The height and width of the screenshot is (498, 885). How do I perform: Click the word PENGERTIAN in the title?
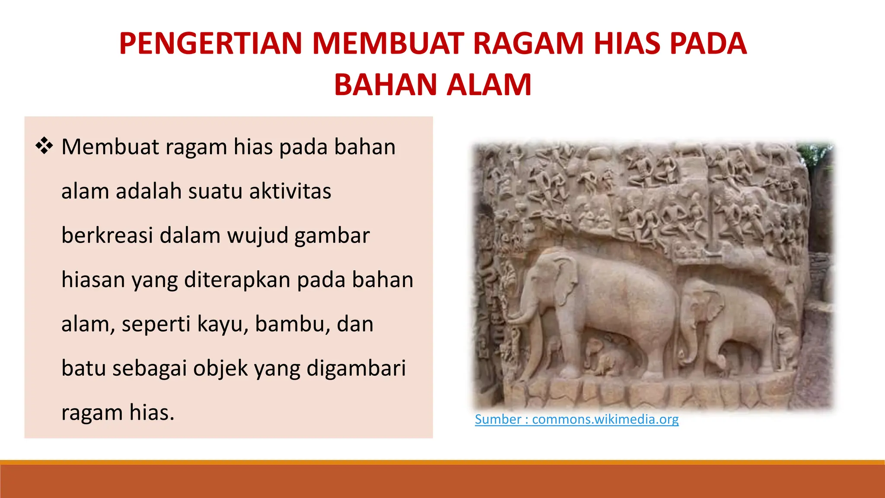[210, 44]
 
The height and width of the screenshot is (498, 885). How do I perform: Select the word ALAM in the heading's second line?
[489, 85]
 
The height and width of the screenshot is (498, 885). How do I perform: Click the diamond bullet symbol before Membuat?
[44, 146]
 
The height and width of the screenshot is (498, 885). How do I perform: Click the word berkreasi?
[107, 236]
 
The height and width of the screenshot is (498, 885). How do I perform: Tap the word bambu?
[289, 324]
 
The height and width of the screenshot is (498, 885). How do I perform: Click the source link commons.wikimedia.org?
[605, 419]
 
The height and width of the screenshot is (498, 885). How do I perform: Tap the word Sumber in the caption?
[498, 419]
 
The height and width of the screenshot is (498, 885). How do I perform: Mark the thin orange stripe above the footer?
[442, 463]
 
